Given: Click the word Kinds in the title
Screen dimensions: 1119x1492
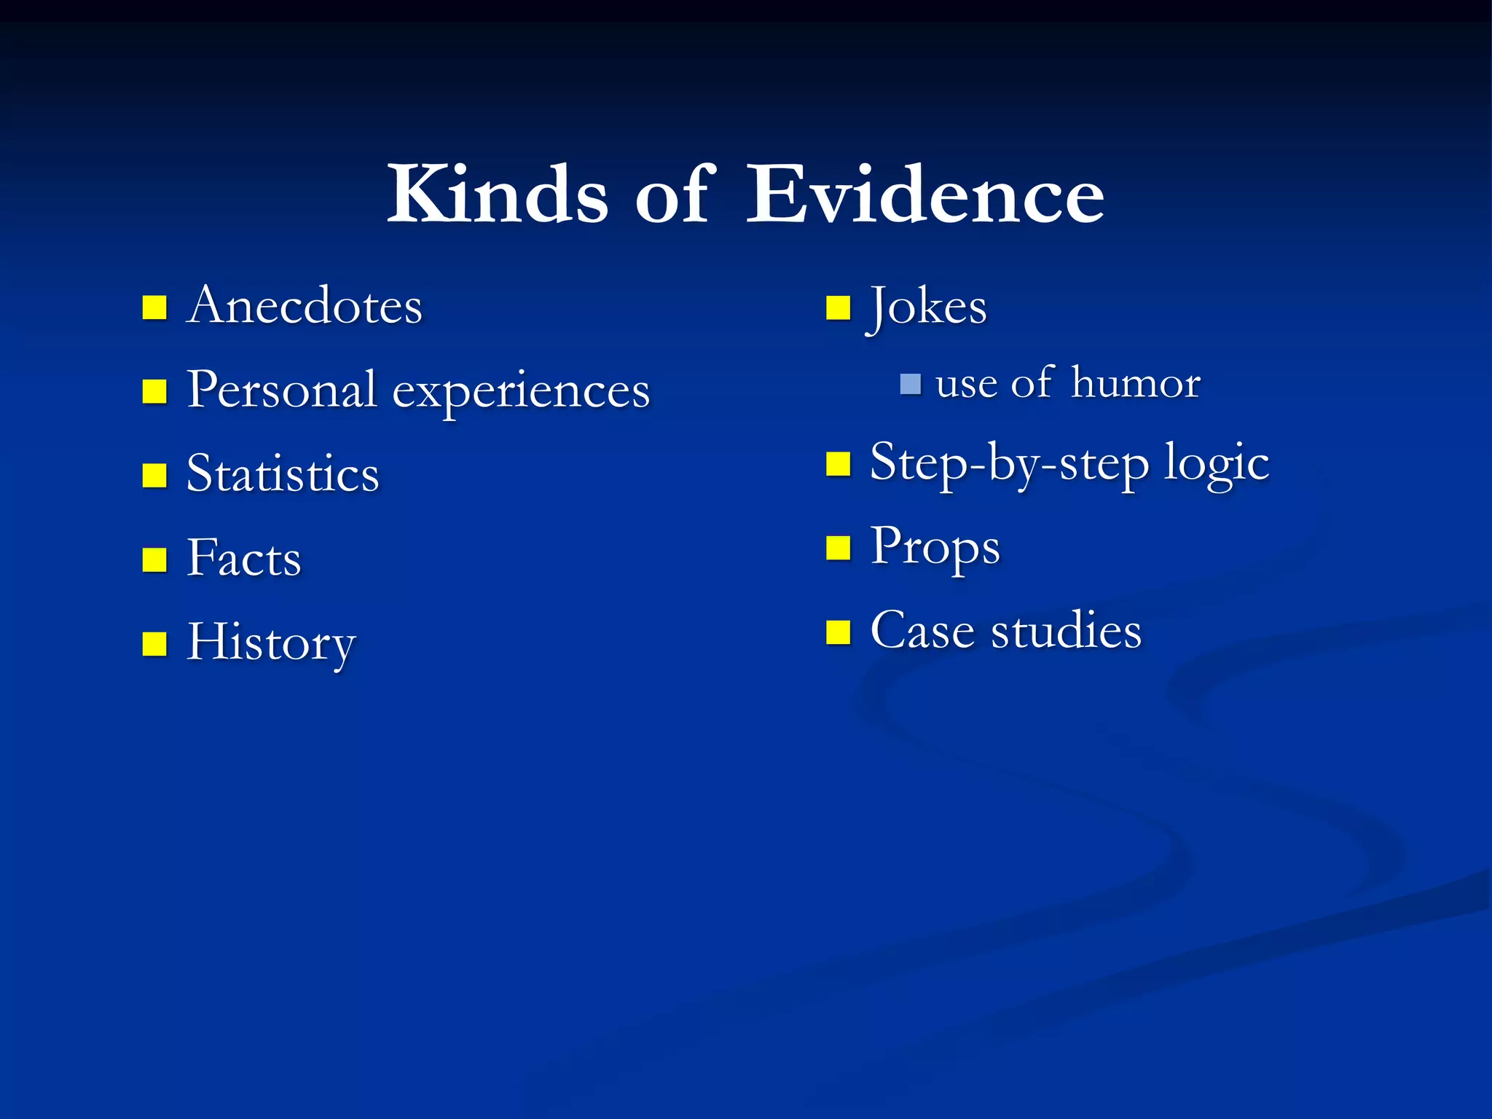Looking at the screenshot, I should pos(497,195).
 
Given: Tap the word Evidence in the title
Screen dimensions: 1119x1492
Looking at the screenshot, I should pos(925,195).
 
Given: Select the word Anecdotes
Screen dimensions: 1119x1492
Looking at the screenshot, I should pos(305,305).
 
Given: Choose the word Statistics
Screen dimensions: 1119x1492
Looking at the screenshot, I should pos(283,474).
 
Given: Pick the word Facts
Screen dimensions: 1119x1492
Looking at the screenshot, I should pos(243,558).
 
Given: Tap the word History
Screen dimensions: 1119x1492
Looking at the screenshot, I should pos(271,643).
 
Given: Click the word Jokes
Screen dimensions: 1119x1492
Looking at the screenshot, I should pos(928,307).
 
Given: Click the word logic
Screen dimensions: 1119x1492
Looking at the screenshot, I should pos(1216,463).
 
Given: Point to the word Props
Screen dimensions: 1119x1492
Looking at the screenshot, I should pos(935,547).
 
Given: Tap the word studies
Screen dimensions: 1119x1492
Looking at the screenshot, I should pos(1066,631).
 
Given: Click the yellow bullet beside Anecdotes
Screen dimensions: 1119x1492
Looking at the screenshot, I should pos(154,308).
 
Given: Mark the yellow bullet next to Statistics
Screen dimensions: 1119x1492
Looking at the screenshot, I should pos(154,476).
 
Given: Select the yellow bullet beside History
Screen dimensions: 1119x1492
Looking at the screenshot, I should pos(154,644).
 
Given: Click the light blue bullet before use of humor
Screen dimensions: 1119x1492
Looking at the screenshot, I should pos(910,384).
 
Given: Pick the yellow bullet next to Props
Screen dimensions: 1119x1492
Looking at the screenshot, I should pos(839,548).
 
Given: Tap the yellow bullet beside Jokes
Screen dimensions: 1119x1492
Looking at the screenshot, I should pos(839,308).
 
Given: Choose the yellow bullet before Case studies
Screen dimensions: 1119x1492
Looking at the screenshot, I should pos(839,632).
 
